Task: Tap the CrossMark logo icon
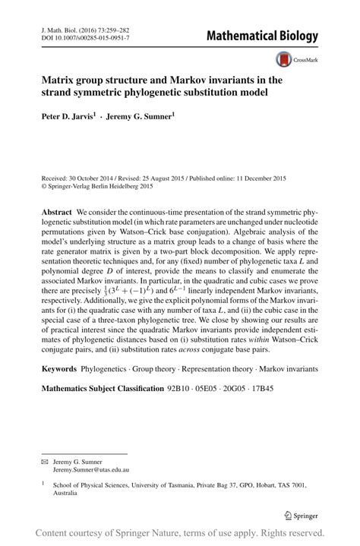point(286,59)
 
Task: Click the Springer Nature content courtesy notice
point(179,532)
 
